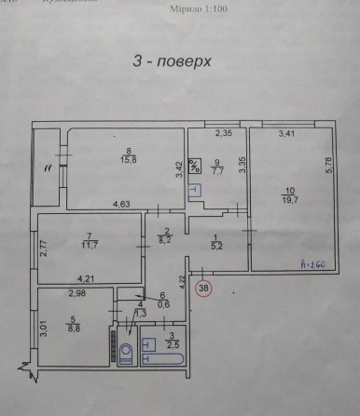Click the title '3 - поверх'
point(173,62)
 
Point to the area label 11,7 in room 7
point(90,245)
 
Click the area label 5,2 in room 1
point(215,247)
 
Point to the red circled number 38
point(204,289)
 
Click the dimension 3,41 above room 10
point(288,135)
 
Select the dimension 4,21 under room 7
point(86,277)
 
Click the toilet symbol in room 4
point(127,353)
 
